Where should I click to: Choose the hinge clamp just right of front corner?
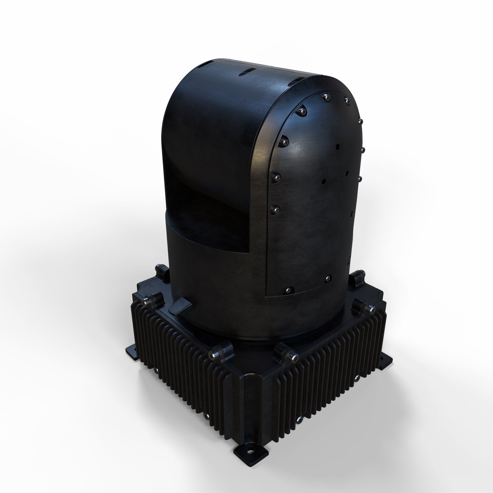click(286, 354)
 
